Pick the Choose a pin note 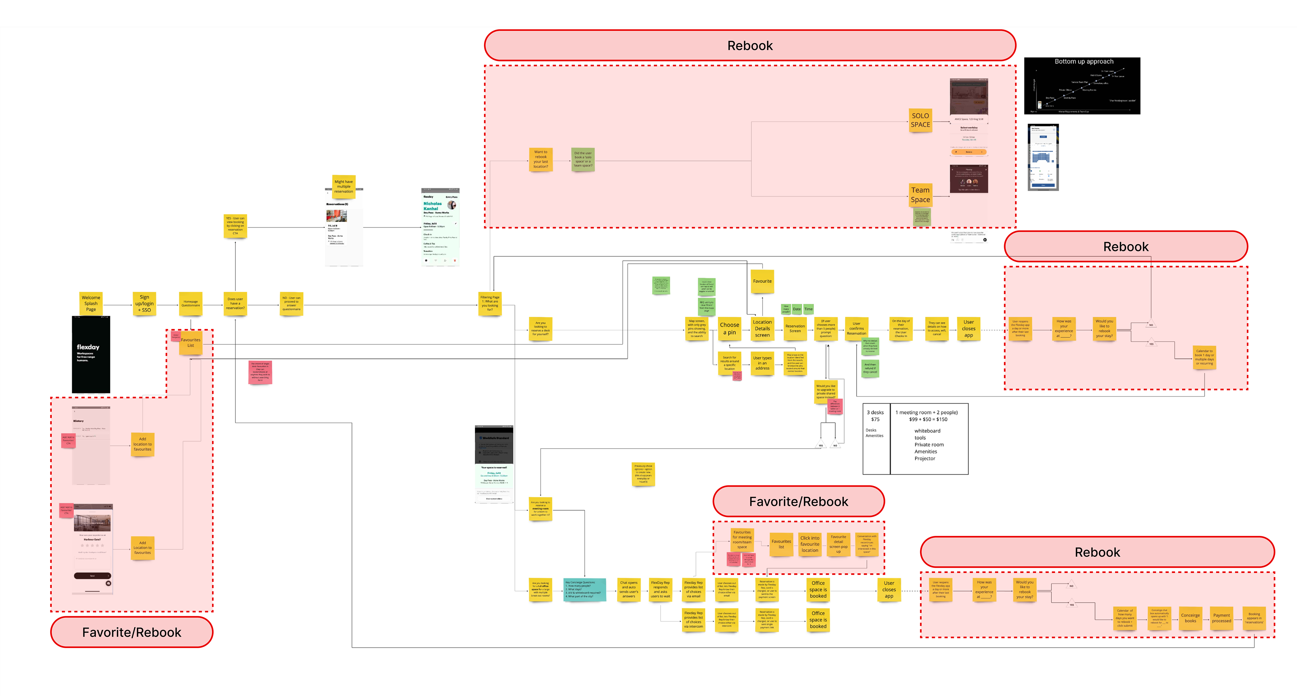tap(729, 329)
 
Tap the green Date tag tap(796, 309)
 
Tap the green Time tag tap(808, 309)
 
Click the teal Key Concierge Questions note tap(584, 589)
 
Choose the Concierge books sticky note tap(1190, 618)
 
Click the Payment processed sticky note tap(1221, 618)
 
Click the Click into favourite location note tap(810, 544)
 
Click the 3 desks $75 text tap(875, 416)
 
